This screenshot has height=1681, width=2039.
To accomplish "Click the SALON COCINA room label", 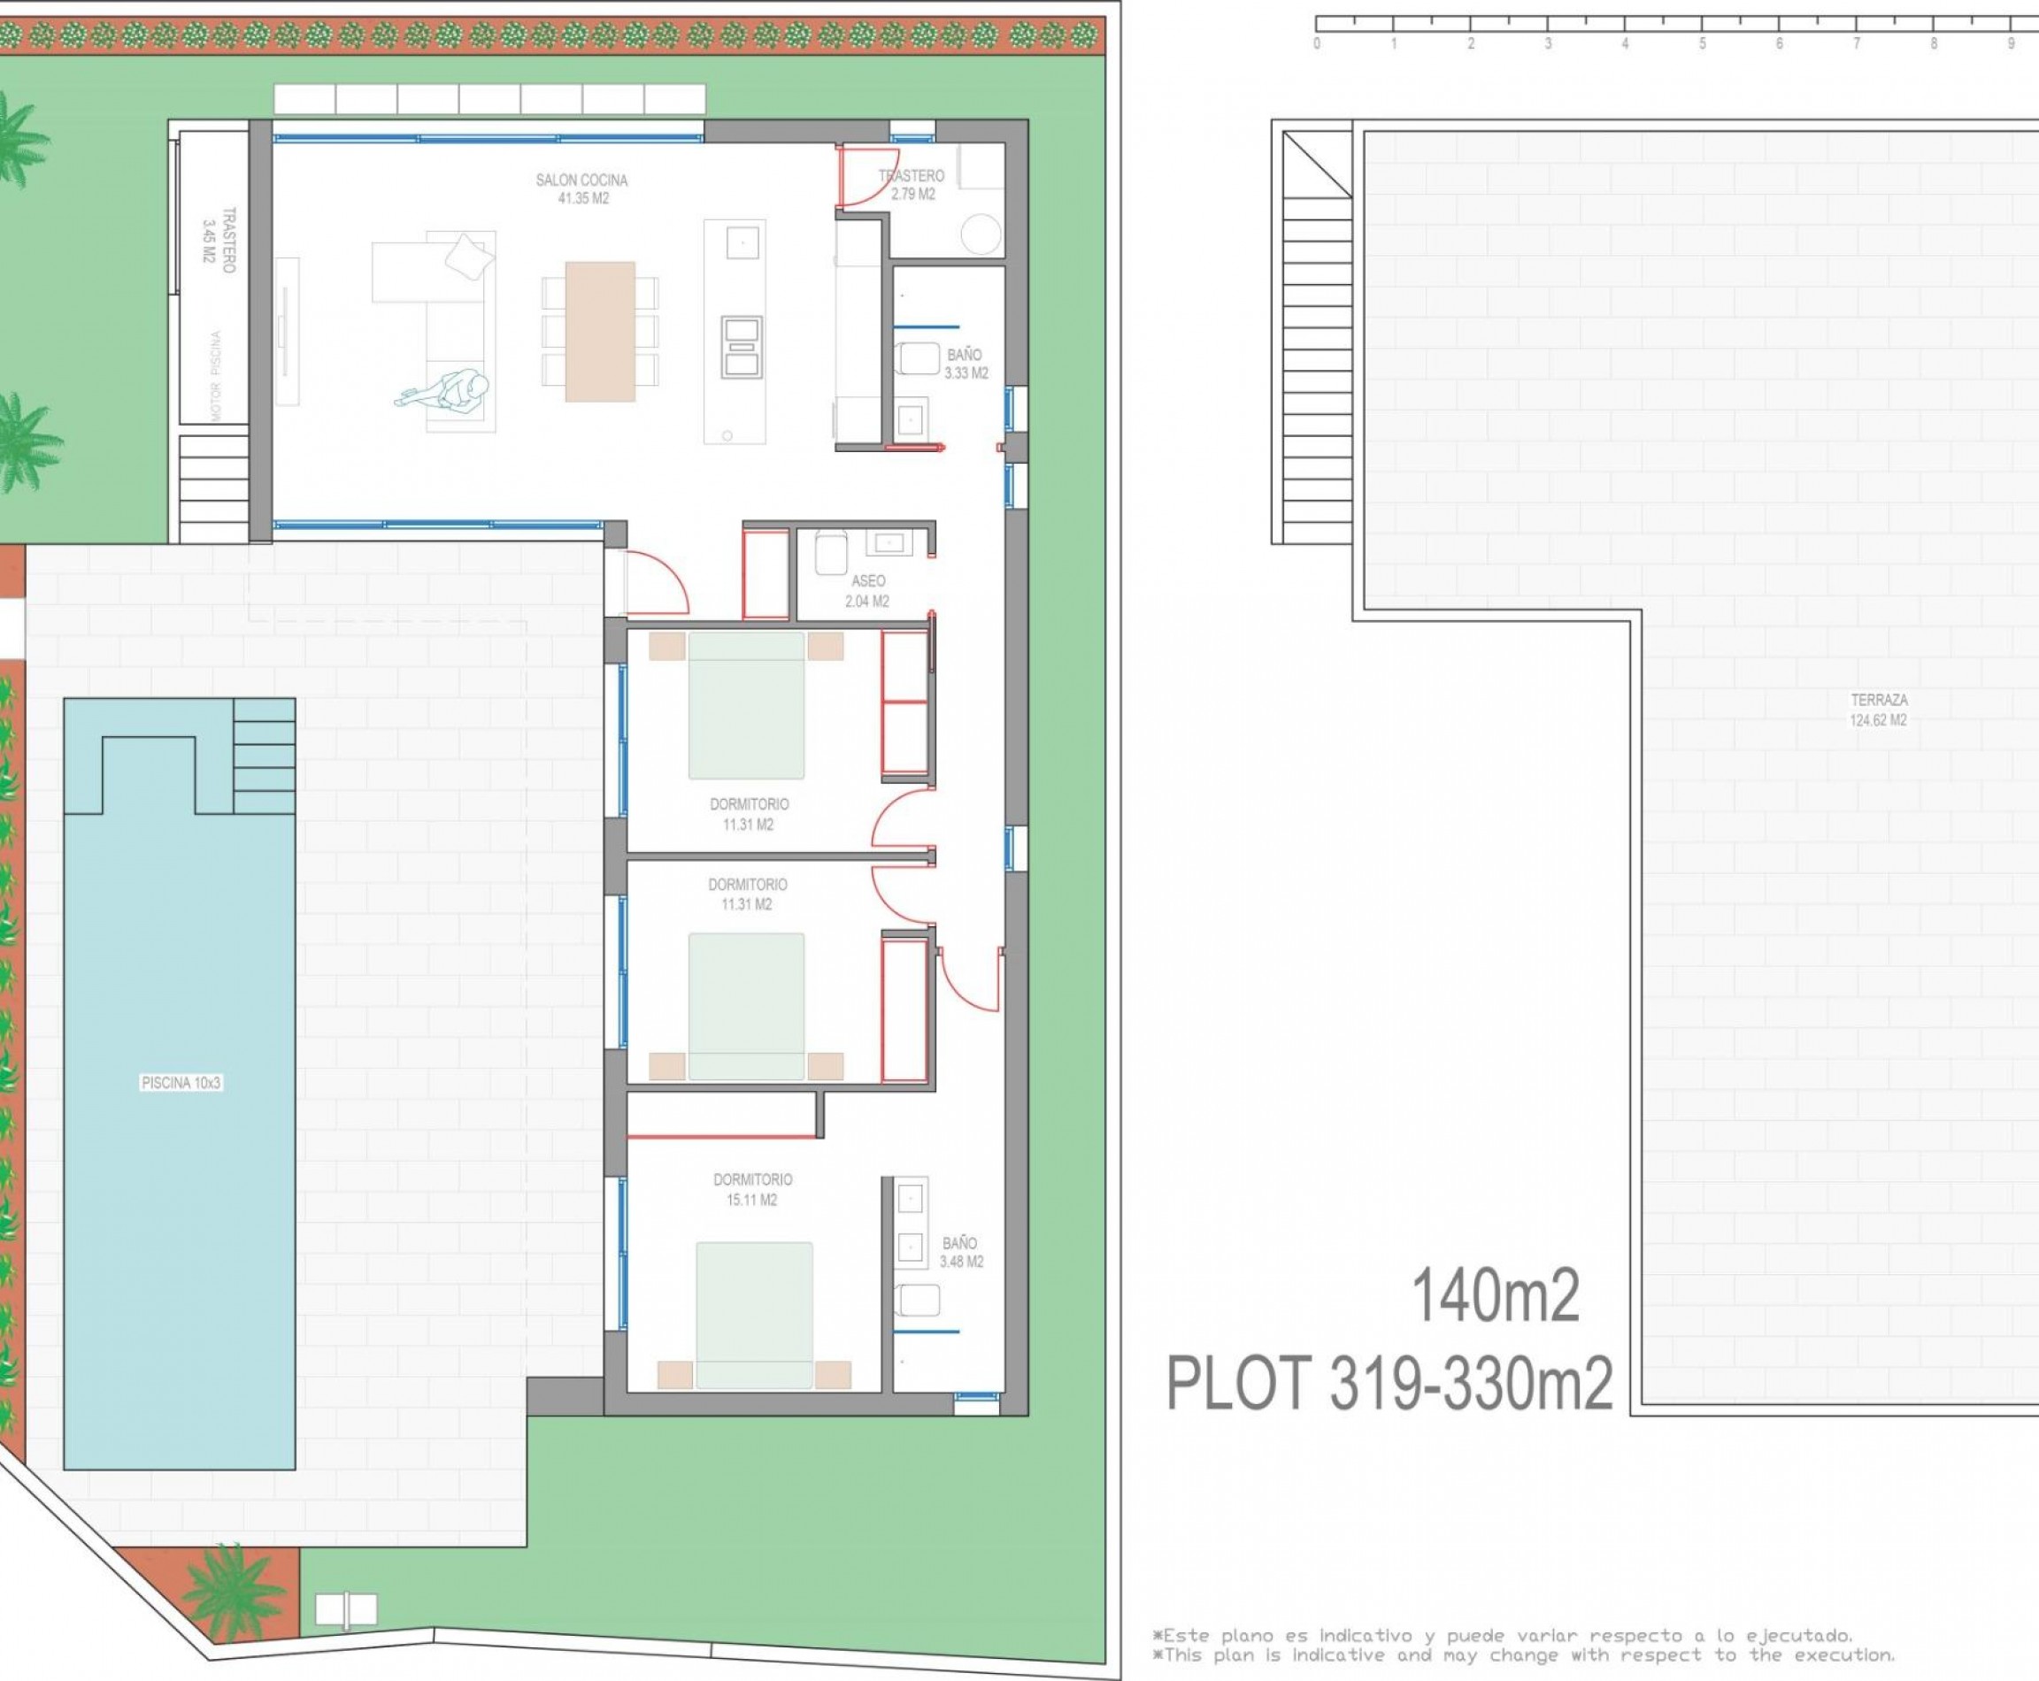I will (x=581, y=188).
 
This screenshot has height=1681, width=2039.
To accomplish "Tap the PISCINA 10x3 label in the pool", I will (x=181, y=1083).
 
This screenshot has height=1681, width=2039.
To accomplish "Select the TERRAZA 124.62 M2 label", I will (x=1878, y=709).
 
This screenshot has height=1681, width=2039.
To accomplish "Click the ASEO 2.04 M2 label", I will (x=867, y=591).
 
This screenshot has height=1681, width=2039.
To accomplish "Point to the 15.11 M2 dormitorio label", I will (x=752, y=1189).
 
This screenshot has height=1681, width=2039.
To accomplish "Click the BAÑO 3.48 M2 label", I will (x=960, y=1252).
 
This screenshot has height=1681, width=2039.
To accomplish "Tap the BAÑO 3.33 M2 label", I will (x=965, y=363).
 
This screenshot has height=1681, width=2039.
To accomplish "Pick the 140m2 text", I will (x=1495, y=1295).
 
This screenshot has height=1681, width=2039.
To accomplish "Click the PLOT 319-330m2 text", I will (x=1390, y=1384).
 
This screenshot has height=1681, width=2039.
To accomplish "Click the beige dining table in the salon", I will (x=600, y=331).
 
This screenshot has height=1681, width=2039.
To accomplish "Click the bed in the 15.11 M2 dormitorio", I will (x=754, y=1315).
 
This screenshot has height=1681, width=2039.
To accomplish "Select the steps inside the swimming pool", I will (x=264, y=756).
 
